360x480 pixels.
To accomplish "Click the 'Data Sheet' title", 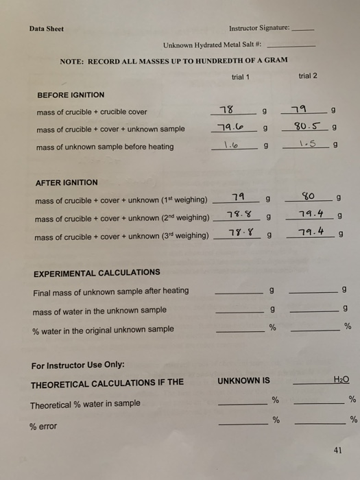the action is click(x=46, y=29).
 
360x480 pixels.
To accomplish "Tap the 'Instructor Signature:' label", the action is click(x=259, y=29).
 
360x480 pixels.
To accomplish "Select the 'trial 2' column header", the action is click(x=308, y=76).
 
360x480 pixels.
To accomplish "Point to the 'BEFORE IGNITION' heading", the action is click(x=71, y=95).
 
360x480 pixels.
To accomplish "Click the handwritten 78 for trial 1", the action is click(x=224, y=110).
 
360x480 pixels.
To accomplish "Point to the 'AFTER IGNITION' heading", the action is click(x=67, y=182).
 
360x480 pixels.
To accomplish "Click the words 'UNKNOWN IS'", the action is click(x=243, y=381).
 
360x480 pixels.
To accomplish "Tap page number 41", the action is click(x=336, y=451).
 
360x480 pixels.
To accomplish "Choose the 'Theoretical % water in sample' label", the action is click(x=85, y=404).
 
